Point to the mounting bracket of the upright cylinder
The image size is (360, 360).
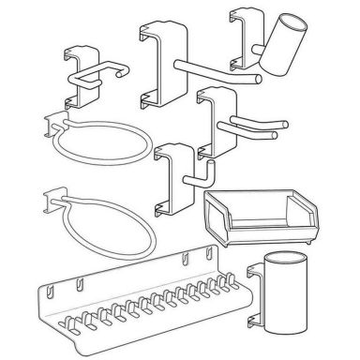tap(254, 294)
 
